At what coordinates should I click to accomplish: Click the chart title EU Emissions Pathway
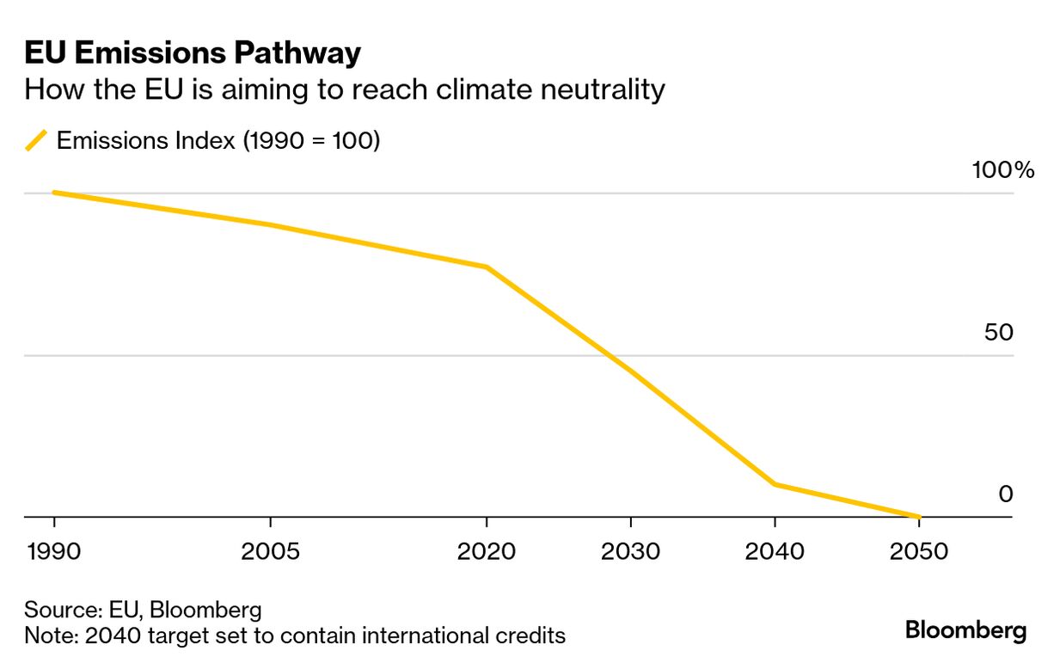coord(193,53)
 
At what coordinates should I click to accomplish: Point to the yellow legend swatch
coord(37,140)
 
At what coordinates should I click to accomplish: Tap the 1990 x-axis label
coord(53,551)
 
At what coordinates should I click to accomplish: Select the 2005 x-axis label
coord(271,551)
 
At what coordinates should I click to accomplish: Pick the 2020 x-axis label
coord(487,551)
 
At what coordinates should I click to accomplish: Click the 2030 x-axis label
coord(631,551)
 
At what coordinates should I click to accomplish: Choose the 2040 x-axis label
coord(775,551)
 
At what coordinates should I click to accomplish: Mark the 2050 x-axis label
coord(919,551)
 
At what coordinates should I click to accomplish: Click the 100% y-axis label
coord(1002,170)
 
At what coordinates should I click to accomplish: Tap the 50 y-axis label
coord(999,333)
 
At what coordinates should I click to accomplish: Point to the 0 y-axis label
coord(1006,494)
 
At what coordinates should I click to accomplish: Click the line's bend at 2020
coord(487,267)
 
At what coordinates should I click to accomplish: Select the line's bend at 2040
coord(775,485)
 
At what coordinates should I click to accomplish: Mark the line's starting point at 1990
coord(54,193)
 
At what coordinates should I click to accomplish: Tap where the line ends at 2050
coord(919,517)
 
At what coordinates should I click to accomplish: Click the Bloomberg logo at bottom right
coord(965,630)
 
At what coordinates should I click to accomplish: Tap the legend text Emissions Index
coord(145,140)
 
